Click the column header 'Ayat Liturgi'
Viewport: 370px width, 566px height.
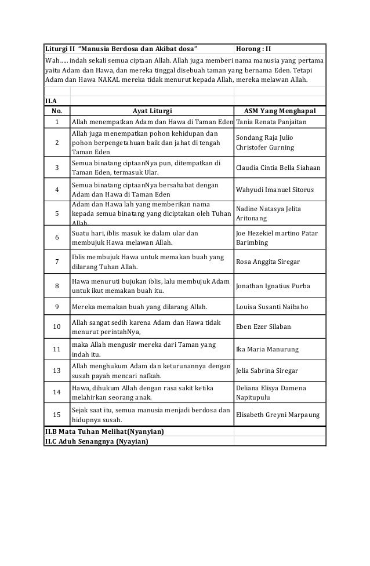click(x=152, y=110)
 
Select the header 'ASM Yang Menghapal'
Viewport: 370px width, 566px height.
click(x=280, y=110)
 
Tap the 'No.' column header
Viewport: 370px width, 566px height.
click(x=57, y=110)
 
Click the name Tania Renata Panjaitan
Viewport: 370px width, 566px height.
click(x=273, y=122)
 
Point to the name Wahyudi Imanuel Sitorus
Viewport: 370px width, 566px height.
click(x=275, y=190)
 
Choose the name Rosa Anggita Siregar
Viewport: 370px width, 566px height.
click(x=268, y=262)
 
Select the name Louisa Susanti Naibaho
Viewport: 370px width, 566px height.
click(x=272, y=306)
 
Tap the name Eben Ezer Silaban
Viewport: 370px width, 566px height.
click(x=264, y=326)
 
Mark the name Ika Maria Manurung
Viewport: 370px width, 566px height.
click(x=267, y=350)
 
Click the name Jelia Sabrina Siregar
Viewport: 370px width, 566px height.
click(x=267, y=371)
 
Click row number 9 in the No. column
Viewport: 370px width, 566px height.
click(x=57, y=306)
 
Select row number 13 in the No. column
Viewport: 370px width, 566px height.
click(x=57, y=371)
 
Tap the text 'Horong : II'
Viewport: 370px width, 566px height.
click(x=257, y=47)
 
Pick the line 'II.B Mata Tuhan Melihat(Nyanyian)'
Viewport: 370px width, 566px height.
click(x=104, y=431)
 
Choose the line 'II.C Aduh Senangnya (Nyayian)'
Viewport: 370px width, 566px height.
click(x=96, y=441)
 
